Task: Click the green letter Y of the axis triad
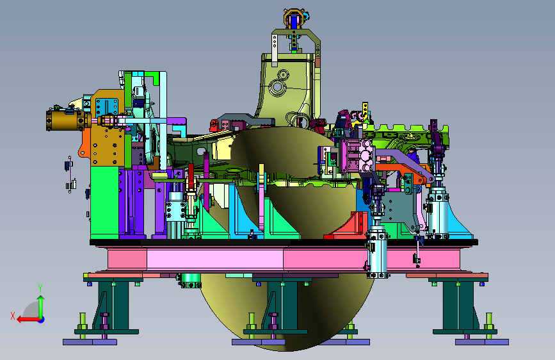pos(40,288)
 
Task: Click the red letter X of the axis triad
pos(13,316)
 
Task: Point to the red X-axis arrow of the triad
pos(28,320)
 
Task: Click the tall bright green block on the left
pos(104,202)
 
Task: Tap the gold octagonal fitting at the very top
pos(293,18)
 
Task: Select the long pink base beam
pos(283,259)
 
